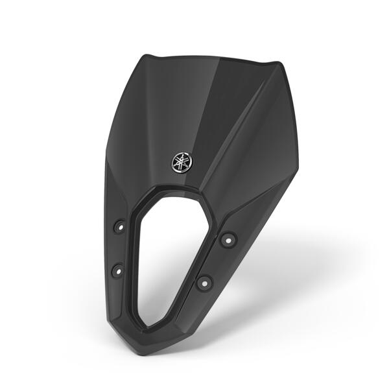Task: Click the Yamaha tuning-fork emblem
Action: [x=181, y=160]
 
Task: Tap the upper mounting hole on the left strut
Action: [x=119, y=227]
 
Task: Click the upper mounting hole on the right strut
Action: [x=227, y=239]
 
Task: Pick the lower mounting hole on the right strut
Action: [x=204, y=282]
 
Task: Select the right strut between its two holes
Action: [x=215, y=261]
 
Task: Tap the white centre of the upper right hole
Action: [x=227, y=239]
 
